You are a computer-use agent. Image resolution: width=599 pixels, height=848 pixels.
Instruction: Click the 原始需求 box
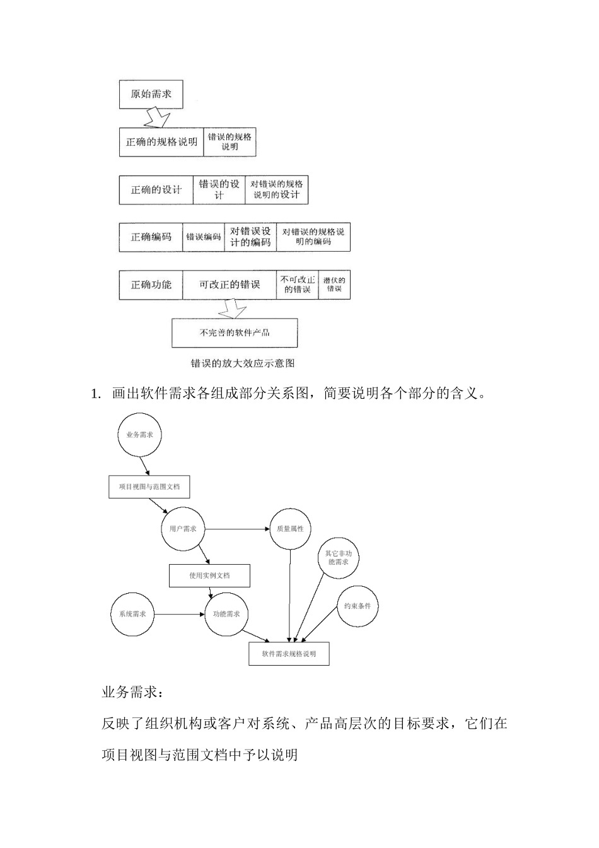coord(151,95)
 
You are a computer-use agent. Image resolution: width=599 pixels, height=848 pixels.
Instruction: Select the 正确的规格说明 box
coord(161,142)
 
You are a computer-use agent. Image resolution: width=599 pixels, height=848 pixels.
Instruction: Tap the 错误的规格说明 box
coord(230,142)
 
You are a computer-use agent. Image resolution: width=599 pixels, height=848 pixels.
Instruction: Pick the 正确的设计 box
coord(156,189)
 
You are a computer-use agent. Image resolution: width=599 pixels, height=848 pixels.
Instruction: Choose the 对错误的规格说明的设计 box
coord(276,189)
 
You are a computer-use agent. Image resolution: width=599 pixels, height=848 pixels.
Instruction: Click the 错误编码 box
coord(204,237)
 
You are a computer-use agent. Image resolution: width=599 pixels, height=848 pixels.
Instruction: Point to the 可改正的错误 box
coord(230,285)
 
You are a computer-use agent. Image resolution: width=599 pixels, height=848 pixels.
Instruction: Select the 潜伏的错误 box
coord(334,285)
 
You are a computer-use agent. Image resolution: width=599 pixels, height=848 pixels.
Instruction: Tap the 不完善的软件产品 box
coord(235,333)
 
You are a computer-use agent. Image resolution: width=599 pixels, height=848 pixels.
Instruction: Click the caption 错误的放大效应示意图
coord(243,363)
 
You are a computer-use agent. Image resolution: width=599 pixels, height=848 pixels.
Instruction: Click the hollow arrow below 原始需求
coord(157,118)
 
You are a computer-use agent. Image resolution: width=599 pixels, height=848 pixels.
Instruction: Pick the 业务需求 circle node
coord(139,435)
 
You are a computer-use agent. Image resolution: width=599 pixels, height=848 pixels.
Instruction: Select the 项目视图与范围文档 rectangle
coord(149,486)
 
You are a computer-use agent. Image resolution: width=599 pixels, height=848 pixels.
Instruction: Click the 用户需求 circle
coord(183,529)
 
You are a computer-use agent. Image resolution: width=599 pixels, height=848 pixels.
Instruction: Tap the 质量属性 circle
coord(290,529)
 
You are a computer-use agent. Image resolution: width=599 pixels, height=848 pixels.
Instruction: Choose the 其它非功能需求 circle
coord(338,558)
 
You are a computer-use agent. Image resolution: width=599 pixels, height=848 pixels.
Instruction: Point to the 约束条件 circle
coord(358,606)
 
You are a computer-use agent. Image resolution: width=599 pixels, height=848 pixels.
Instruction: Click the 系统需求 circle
coord(132,614)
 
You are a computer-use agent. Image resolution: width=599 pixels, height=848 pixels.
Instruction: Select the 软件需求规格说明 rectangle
coord(289,654)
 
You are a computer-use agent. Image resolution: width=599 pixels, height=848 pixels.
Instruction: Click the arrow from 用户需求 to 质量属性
coord(236,529)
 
